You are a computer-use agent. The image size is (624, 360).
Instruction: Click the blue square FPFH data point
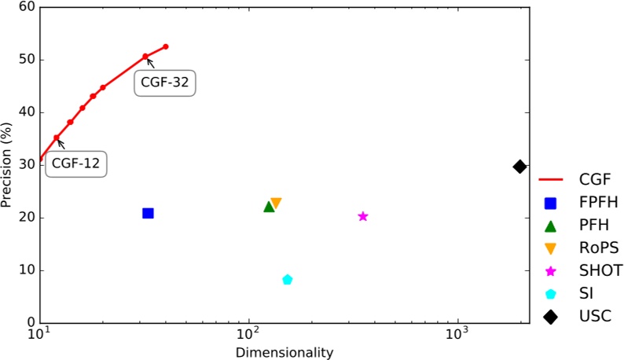[x=148, y=213]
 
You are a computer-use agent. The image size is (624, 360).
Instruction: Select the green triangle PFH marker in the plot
[x=269, y=207]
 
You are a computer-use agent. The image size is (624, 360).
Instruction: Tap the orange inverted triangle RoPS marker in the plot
[x=276, y=204]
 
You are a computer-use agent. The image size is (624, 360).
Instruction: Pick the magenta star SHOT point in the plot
[x=363, y=216]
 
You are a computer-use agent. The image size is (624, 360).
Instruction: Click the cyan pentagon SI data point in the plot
[x=288, y=280]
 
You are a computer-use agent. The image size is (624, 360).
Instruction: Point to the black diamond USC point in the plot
[x=519, y=167]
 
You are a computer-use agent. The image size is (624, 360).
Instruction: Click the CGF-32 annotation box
[x=163, y=82]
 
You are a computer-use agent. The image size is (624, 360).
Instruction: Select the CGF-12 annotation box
[x=77, y=164]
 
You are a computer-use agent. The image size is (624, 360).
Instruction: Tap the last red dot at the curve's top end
[x=166, y=46]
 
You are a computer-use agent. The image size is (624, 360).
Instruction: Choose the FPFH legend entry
[x=579, y=203]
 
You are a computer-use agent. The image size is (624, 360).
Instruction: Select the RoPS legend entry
[x=579, y=248]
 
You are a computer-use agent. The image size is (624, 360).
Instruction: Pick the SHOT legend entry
[x=579, y=271]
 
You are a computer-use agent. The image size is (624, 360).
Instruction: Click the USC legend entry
[x=579, y=316]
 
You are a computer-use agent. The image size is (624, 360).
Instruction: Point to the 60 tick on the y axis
[x=25, y=7]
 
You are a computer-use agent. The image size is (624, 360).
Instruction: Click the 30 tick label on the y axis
[x=25, y=165]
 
